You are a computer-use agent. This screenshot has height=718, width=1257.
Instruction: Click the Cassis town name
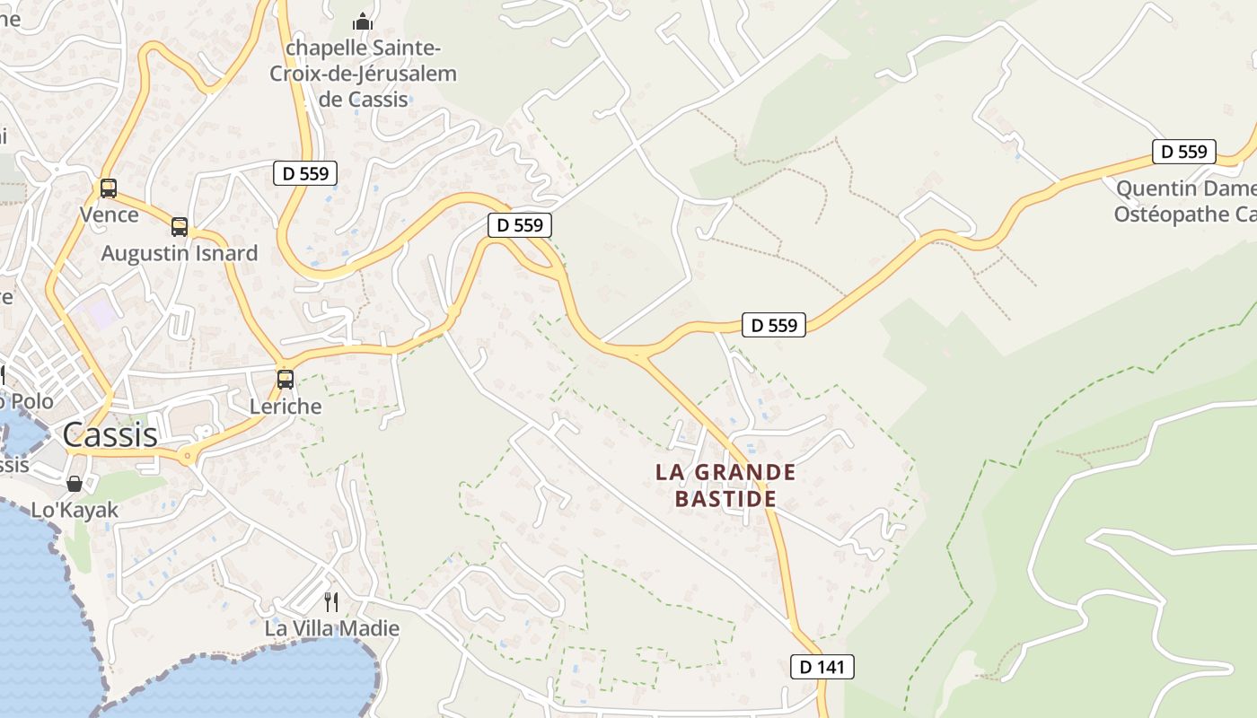(x=110, y=435)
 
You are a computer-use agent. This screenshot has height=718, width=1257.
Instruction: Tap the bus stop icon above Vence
(x=109, y=188)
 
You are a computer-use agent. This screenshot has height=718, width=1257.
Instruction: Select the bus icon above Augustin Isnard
(x=180, y=227)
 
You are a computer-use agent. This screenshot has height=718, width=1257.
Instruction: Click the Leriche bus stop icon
(x=286, y=379)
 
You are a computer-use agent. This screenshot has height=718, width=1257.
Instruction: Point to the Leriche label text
(x=286, y=406)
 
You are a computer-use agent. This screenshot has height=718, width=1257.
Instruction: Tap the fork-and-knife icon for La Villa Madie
(x=331, y=601)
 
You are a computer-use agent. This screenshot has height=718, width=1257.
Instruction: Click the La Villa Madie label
(x=331, y=628)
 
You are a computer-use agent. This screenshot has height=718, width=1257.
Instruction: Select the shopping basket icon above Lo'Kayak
(x=75, y=484)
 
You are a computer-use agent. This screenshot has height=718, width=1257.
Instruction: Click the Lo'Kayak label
(x=75, y=510)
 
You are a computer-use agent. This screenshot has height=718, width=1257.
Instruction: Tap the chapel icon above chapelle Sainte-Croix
(x=362, y=21)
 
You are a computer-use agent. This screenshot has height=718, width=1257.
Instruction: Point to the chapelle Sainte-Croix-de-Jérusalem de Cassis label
(x=364, y=74)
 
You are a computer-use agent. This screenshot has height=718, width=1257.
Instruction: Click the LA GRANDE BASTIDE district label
(x=725, y=485)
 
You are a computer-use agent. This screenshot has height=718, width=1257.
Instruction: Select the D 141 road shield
(x=822, y=667)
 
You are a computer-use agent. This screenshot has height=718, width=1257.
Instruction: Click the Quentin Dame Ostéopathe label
(x=1184, y=202)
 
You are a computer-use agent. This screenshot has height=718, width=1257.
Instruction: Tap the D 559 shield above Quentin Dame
(x=1184, y=152)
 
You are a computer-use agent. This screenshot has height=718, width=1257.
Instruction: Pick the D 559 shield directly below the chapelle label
(x=305, y=173)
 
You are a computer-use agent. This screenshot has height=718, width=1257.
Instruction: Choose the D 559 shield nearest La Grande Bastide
(x=774, y=325)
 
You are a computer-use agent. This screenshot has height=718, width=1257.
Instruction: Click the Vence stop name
(x=109, y=215)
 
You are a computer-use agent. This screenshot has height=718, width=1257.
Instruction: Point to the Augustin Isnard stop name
(x=180, y=253)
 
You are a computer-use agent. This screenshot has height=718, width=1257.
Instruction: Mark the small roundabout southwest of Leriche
(x=188, y=456)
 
